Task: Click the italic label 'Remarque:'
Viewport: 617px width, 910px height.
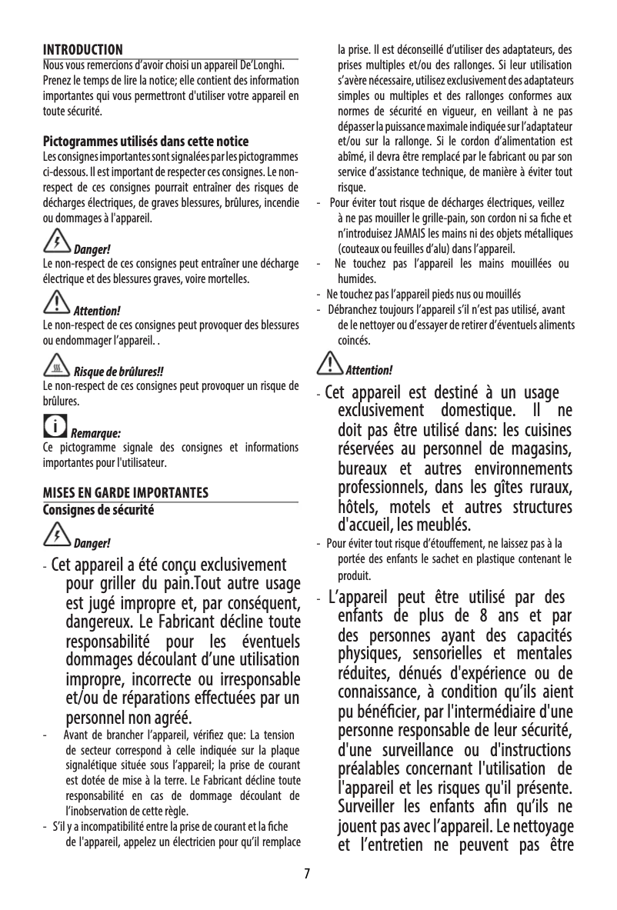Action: [x=96, y=433]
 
